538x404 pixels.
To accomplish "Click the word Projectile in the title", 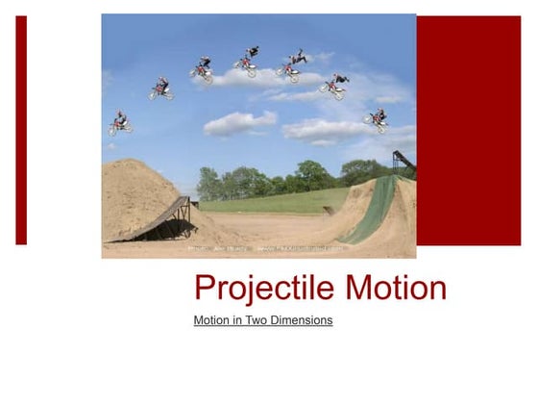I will [x=252, y=288].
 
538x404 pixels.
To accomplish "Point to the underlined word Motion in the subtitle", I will [x=212, y=320].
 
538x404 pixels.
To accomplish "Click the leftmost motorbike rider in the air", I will [x=120, y=122].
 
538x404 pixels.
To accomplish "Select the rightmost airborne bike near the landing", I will [x=376, y=119].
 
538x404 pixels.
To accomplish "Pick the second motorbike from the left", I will [x=161, y=89].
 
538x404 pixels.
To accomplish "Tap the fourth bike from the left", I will [x=247, y=63].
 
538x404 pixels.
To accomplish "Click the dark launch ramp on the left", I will [x=163, y=218].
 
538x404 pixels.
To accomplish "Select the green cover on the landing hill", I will [x=370, y=214].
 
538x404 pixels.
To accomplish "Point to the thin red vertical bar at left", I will [x=21, y=130].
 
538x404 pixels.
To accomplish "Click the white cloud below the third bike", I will [x=239, y=122].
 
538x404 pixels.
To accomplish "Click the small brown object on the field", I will [x=330, y=210].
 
